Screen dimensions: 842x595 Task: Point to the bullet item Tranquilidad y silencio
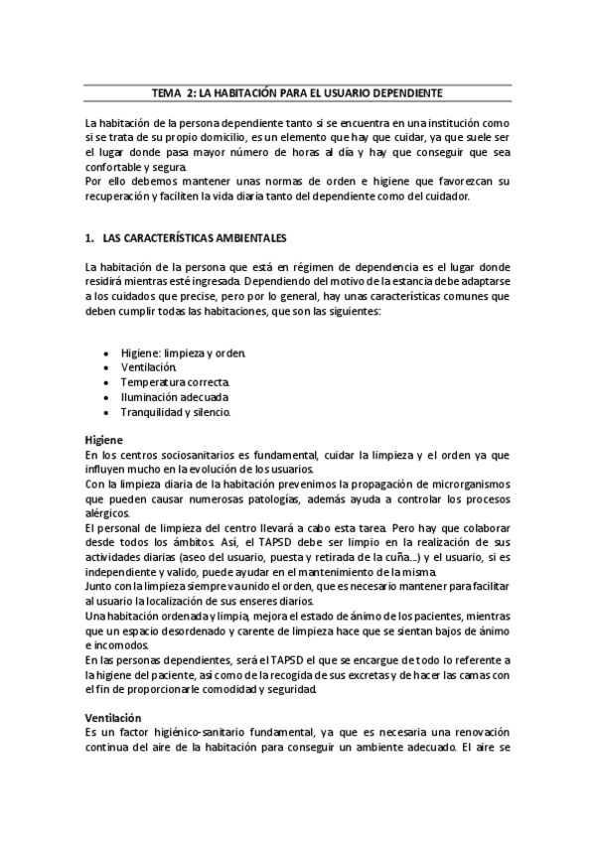point(176,411)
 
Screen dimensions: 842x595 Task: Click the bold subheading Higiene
point(103,440)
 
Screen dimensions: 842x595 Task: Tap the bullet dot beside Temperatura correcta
point(106,382)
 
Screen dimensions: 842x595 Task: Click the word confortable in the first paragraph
point(115,168)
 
